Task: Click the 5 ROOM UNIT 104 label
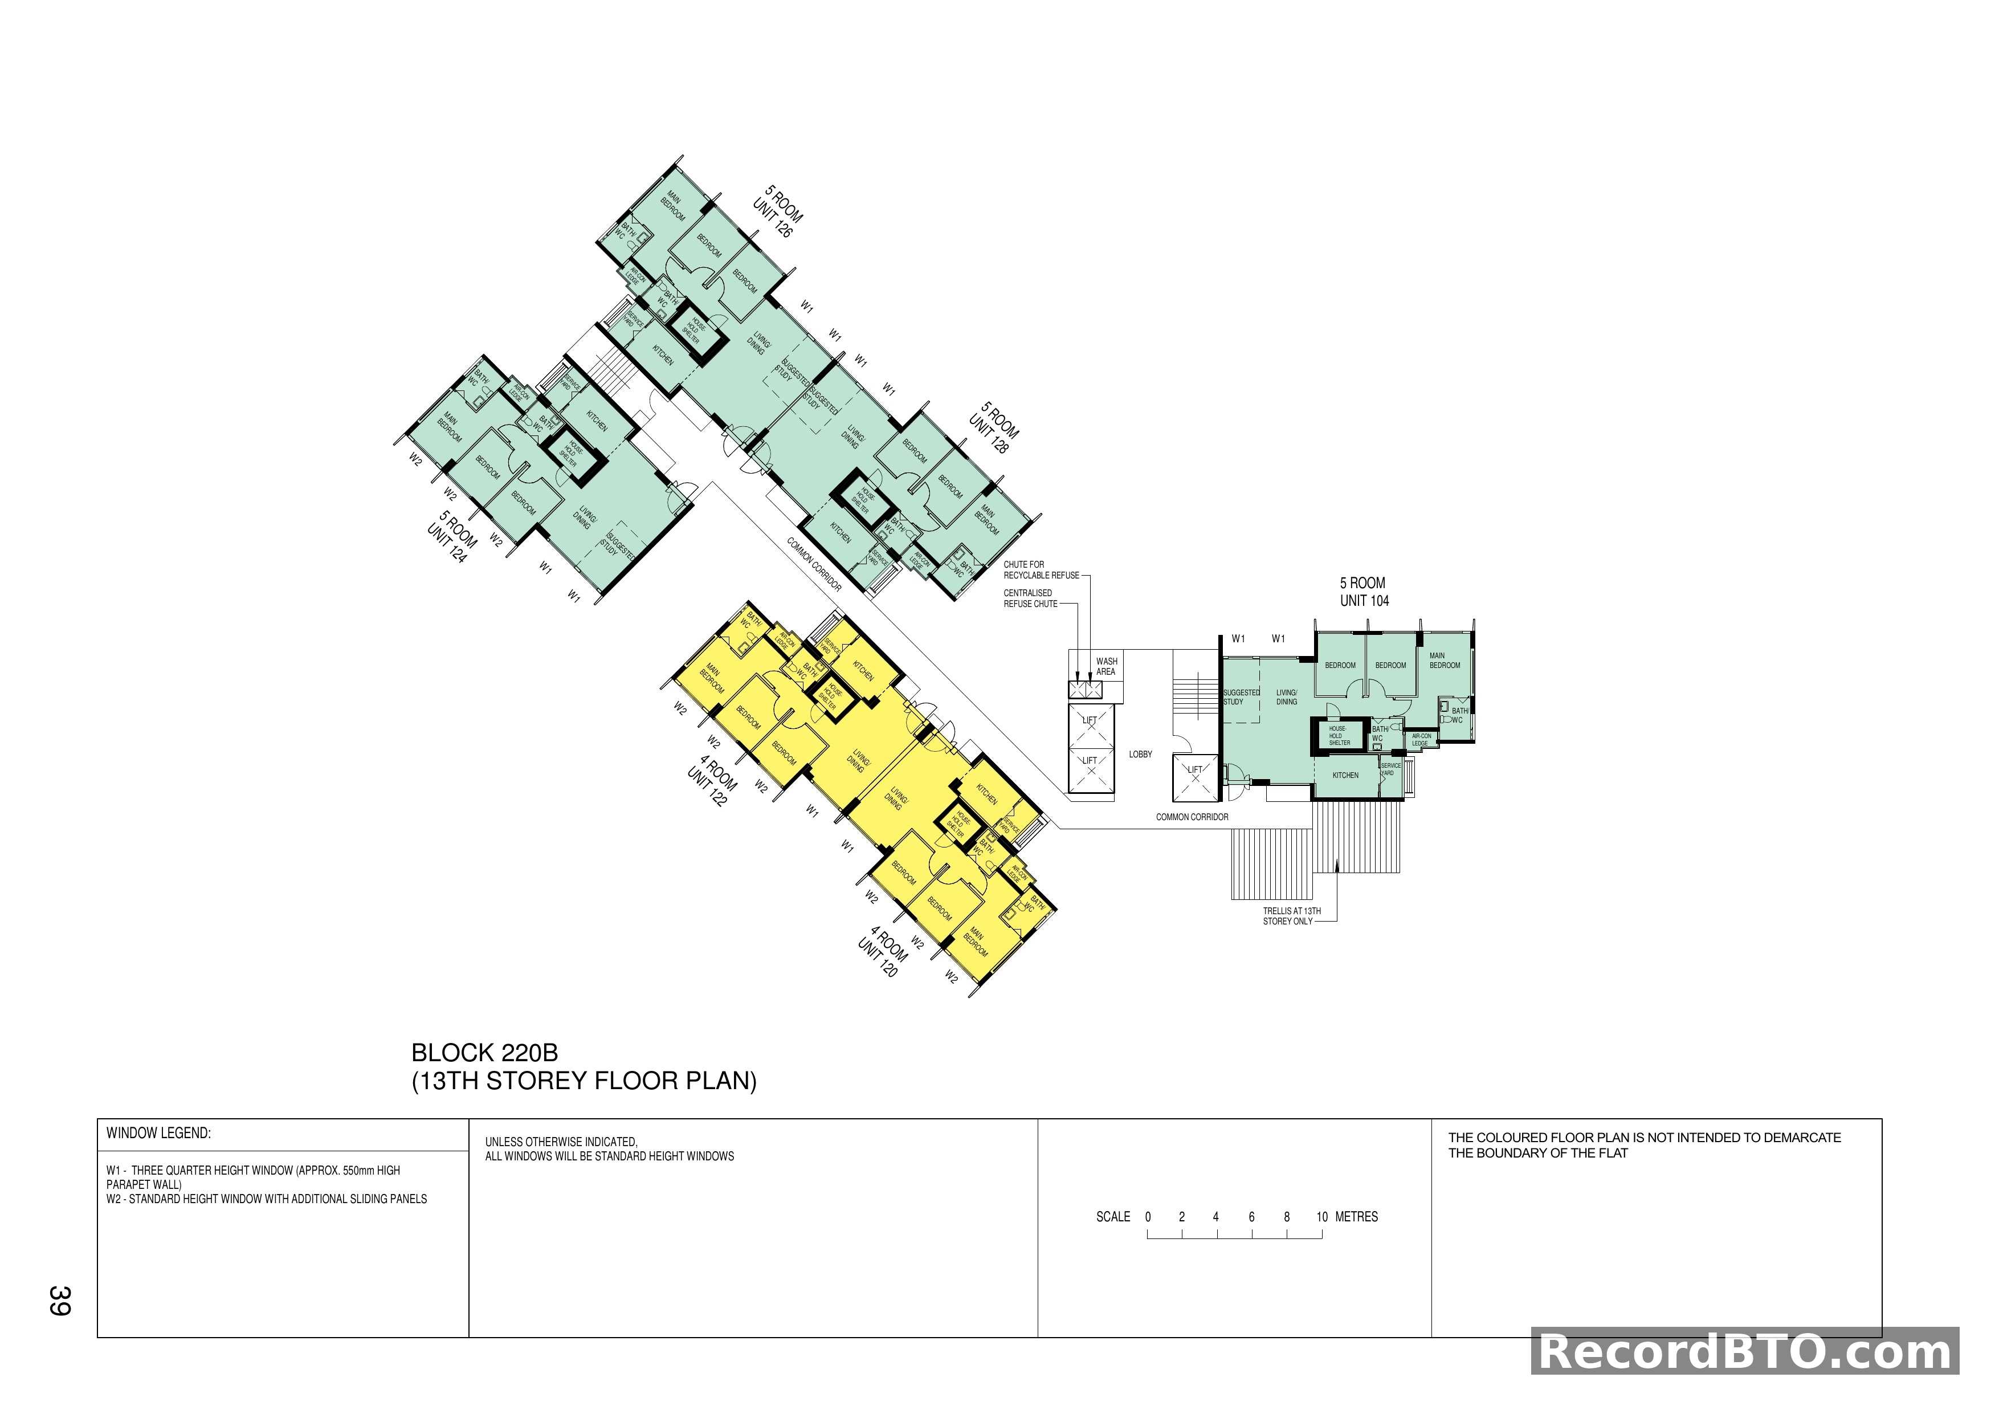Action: tap(1364, 592)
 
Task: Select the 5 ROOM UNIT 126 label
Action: tap(777, 211)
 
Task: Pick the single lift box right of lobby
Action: tap(1194, 777)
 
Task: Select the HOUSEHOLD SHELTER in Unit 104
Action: tap(1338, 736)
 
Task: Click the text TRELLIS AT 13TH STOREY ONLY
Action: tap(1291, 916)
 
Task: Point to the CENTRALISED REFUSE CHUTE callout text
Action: tap(1030, 598)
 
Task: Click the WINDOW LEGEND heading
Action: tap(158, 1133)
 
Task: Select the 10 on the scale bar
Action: tap(1321, 1217)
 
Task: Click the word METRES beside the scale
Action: tap(1356, 1217)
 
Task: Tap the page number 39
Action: tap(59, 1300)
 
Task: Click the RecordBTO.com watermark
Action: tap(1745, 1352)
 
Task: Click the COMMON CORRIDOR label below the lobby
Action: tap(1192, 817)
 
